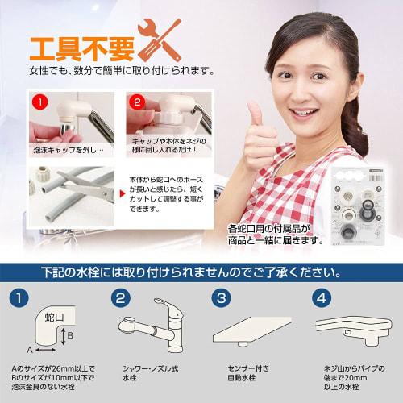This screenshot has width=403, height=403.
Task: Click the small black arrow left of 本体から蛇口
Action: [x=121, y=191]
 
